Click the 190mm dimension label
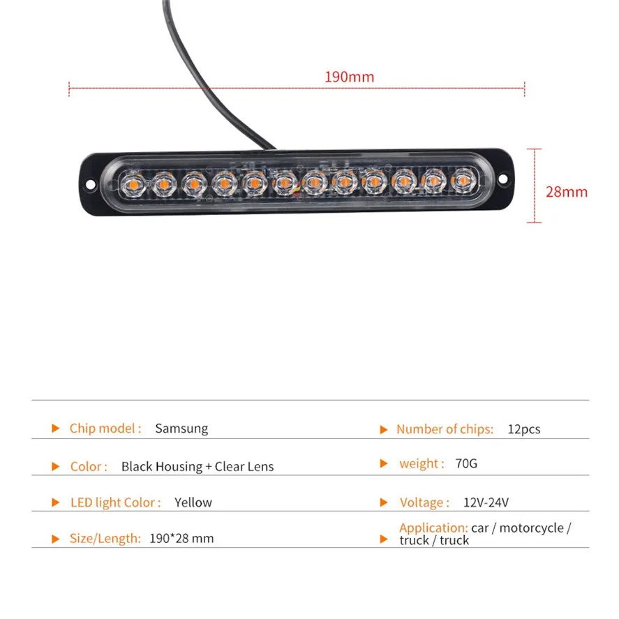tap(349, 77)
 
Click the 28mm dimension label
tap(566, 192)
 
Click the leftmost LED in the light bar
tap(130, 185)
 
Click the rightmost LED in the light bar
tap(462, 180)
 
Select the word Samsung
tap(181, 428)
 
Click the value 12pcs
tap(524, 429)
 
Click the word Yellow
tap(193, 502)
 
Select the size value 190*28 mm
tap(181, 539)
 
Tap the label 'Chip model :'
tap(105, 428)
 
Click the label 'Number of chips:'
tap(445, 429)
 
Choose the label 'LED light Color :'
tap(115, 502)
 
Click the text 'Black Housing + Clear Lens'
tap(197, 466)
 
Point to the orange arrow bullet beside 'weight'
tap(383, 463)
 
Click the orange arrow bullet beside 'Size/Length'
tap(56, 539)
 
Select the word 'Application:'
tap(433, 528)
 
